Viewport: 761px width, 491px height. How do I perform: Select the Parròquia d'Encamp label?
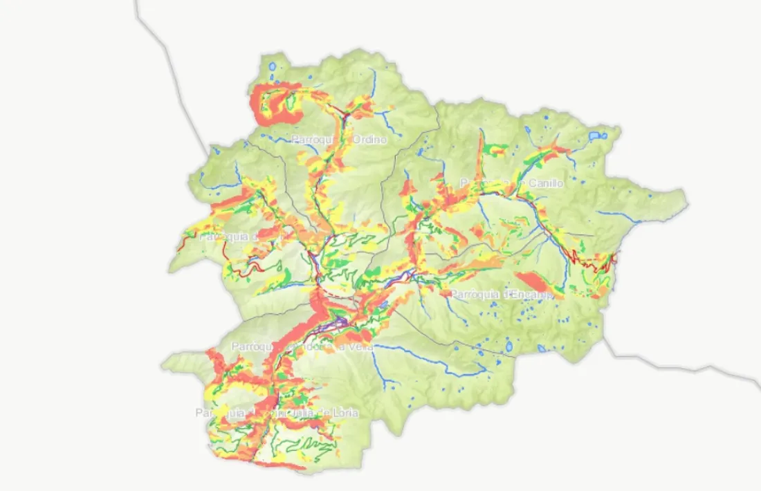coord(502,294)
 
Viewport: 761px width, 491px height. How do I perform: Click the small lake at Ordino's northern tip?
coord(272,68)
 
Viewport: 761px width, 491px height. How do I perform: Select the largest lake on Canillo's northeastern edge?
coord(595,136)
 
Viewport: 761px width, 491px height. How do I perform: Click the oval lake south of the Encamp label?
coord(509,346)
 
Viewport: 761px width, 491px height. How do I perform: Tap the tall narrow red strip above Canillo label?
coord(480,156)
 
